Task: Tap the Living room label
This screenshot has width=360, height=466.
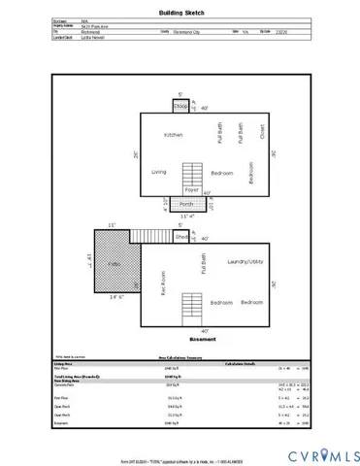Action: (x=159, y=172)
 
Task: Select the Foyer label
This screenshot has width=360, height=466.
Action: (x=192, y=190)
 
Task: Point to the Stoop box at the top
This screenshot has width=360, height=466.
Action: (x=180, y=107)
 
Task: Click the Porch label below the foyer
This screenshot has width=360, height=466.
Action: (x=185, y=205)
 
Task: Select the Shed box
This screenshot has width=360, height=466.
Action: (x=180, y=236)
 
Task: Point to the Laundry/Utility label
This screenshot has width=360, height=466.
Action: (x=246, y=262)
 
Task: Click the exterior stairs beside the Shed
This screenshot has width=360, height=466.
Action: (x=151, y=235)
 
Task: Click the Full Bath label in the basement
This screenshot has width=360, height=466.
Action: (x=203, y=266)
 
